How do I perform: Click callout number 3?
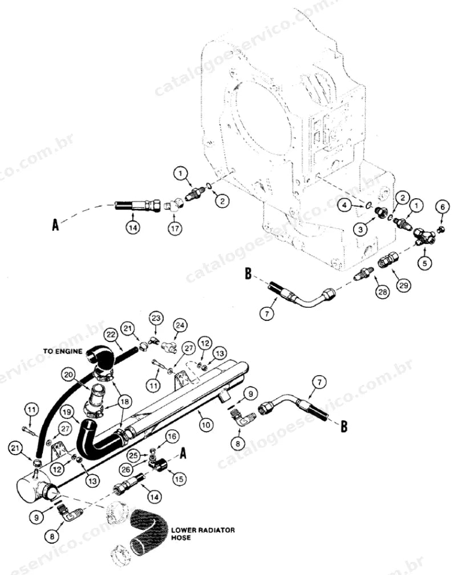click(x=360, y=229)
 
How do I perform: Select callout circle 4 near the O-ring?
click(x=344, y=206)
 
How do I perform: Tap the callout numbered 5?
click(x=424, y=263)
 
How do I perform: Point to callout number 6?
click(x=442, y=207)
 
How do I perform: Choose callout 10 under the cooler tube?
click(x=206, y=425)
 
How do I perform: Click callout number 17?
click(x=175, y=228)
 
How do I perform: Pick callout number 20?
click(x=68, y=375)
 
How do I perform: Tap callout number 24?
click(x=181, y=325)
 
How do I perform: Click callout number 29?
click(x=403, y=285)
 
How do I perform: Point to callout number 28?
click(x=383, y=292)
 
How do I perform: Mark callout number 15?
click(x=179, y=479)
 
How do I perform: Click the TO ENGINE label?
click(x=63, y=351)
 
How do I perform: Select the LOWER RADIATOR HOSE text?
click(x=202, y=533)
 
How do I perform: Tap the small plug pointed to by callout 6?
click(x=441, y=230)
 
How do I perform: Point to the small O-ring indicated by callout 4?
click(x=369, y=204)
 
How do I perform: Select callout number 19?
click(x=67, y=412)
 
